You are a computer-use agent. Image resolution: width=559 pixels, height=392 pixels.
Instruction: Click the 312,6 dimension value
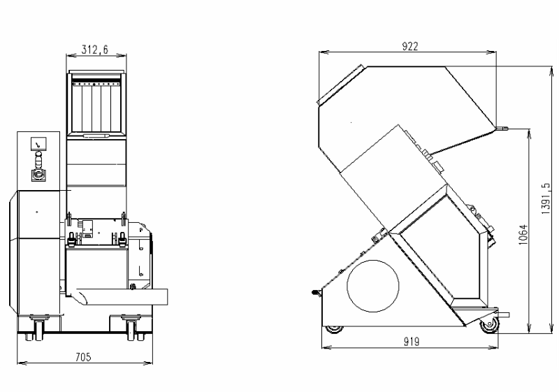[x=95, y=49]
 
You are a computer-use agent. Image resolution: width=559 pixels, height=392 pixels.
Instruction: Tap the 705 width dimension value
[x=83, y=357]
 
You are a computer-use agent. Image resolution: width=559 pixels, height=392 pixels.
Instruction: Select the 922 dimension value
[x=410, y=46]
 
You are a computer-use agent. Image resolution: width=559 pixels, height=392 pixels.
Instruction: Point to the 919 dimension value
[x=412, y=342]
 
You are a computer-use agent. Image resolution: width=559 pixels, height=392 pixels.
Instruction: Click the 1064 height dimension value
[x=523, y=235]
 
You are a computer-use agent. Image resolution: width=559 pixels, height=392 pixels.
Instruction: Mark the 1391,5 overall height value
[x=546, y=199]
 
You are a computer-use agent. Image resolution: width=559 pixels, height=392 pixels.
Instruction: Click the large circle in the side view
[x=373, y=286]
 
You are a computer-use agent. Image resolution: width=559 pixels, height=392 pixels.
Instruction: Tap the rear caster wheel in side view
[x=334, y=329]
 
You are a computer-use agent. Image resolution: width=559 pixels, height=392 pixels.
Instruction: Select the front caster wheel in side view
[x=489, y=325]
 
